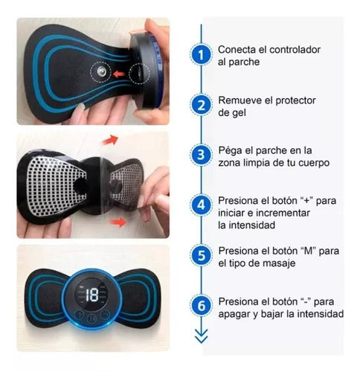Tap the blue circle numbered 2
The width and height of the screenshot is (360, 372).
coord(199,105)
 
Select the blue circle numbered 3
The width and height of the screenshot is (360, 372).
coord(199,155)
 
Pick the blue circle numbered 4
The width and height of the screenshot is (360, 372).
coord(199,205)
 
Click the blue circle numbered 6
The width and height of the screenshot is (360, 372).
coord(199,306)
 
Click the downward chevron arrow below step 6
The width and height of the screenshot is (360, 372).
coord(199,337)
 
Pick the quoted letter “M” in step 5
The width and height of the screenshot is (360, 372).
coord(309,250)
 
